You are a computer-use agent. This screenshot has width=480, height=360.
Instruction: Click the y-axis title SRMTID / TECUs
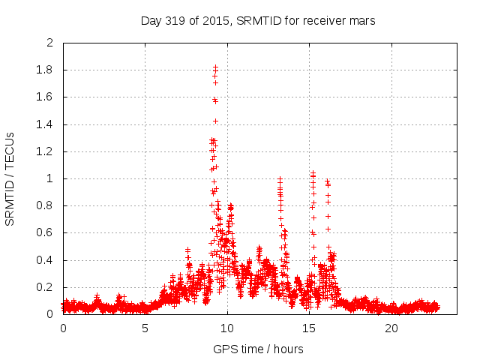pos(10,178)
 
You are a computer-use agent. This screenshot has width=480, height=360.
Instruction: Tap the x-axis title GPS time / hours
pos(258,349)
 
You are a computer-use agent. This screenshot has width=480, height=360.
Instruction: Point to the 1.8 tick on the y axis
pos(46,70)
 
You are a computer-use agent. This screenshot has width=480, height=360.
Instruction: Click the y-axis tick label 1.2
pos(46,151)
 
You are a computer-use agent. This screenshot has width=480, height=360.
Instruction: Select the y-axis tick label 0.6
pos(46,233)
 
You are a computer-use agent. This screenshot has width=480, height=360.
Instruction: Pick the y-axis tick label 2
pos(50,43)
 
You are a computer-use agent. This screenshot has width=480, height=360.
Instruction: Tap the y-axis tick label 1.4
pos(46,124)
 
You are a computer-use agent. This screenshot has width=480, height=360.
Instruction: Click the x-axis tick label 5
pos(145,328)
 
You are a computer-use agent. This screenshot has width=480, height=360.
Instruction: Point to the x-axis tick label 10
pos(227,328)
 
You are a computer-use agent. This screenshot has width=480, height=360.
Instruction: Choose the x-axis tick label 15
pos(310,328)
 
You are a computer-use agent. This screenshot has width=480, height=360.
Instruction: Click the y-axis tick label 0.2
pos(46,287)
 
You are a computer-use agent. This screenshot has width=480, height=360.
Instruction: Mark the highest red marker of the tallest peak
pos(215,67)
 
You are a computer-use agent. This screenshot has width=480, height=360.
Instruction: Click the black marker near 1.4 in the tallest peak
pos(215,121)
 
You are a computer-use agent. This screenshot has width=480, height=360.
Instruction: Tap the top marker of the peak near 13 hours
pos(280,179)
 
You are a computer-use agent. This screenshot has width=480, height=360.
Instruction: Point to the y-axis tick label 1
pos(50,179)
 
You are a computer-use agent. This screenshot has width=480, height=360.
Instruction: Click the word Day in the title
pos(151,21)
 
